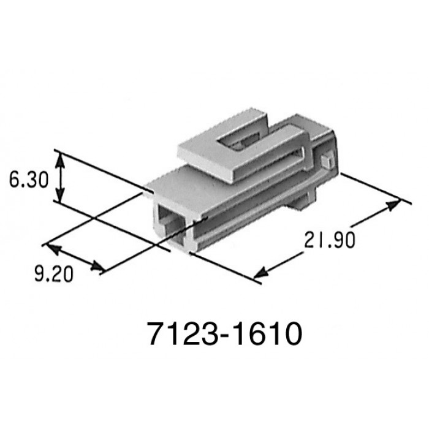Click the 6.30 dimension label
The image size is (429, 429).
pyautogui.click(x=29, y=180)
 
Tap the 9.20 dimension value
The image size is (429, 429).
pyautogui.click(x=54, y=274)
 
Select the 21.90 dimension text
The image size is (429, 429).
pyautogui.click(x=330, y=240)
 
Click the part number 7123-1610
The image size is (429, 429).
pyautogui.click(x=225, y=334)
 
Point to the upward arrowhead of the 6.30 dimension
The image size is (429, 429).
pyautogui.click(x=60, y=160)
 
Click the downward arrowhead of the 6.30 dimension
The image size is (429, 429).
pyautogui.click(x=60, y=194)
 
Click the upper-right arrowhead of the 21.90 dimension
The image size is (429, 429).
pyautogui.click(x=393, y=205)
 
